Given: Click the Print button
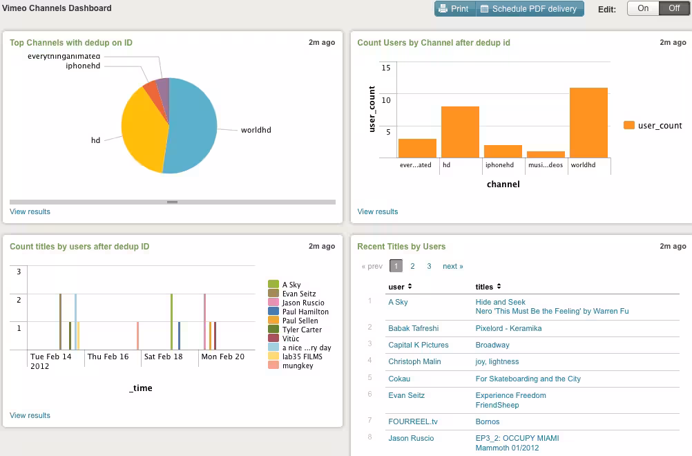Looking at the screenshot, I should pos(454,9).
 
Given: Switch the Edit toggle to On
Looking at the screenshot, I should pos(642,9).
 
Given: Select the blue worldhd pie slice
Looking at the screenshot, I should pos(193,128).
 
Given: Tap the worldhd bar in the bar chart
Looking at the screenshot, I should pos(588,123).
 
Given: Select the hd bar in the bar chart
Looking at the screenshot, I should pos(460,132).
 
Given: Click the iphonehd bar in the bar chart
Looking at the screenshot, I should pos(503,151).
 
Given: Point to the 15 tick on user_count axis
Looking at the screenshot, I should pos(386,67).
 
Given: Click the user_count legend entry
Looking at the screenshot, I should pos(653,126).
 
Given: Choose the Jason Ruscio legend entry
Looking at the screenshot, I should pos(302,303).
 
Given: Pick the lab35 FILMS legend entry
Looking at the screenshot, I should pos(302,357).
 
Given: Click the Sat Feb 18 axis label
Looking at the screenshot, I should pos(163,357).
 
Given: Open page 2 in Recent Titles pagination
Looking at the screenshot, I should pos(412,266).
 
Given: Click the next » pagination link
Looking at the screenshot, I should pos(452,266).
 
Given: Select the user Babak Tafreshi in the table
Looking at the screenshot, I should pos(413,328).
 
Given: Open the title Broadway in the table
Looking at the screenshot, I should pos(492,345).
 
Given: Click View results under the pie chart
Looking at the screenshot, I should pos(30,211).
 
